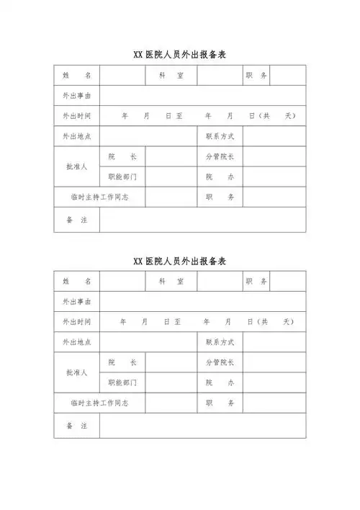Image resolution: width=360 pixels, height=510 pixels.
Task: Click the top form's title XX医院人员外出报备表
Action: click(181, 55)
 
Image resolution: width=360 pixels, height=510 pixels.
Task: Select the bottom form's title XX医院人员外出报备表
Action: click(181, 260)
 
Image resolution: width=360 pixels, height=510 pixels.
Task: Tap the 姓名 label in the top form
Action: click(76, 75)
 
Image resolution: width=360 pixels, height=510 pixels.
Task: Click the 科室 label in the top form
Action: click(171, 75)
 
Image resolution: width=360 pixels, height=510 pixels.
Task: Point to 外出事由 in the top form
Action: click(76, 95)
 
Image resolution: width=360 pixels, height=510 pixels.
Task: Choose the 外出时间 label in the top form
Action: click(76, 116)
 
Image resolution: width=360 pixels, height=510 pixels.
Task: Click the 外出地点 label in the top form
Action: click(76, 136)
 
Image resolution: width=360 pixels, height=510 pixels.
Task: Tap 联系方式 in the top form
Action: click(220, 136)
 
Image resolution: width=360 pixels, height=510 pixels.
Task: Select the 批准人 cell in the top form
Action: click(76, 166)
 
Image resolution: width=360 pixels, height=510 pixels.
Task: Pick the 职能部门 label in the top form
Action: click(122, 176)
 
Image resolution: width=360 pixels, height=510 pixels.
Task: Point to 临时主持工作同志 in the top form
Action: click(99, 197)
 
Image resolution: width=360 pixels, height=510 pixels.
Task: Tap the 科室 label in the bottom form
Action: click(171, 281)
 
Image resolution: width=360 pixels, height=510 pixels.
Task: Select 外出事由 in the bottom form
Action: click(76, 301)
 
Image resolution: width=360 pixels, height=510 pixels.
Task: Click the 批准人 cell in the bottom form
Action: click(76, 372)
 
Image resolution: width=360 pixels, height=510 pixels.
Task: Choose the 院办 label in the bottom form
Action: click(220, 382)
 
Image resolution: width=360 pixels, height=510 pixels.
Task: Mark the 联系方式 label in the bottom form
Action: click(220, 342)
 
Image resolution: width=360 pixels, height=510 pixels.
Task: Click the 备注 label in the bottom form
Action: click(76, 426)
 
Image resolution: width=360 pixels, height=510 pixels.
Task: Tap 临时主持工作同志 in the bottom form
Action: click(99, 403)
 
